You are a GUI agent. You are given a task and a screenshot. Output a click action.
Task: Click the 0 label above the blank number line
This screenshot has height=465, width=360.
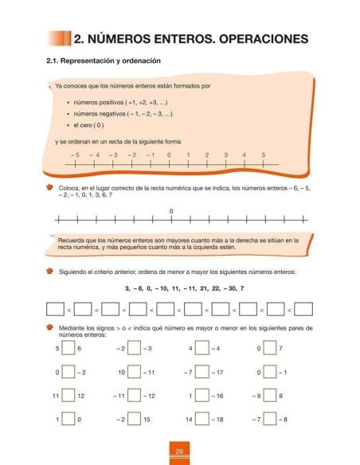click(171, 211)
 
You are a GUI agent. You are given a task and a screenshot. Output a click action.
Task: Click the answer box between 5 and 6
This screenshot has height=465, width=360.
click(66, 349)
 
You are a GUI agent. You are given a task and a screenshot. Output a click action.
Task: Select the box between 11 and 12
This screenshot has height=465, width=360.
click(66, 396)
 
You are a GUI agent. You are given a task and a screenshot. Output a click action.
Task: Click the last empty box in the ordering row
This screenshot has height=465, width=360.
click(303, 309)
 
